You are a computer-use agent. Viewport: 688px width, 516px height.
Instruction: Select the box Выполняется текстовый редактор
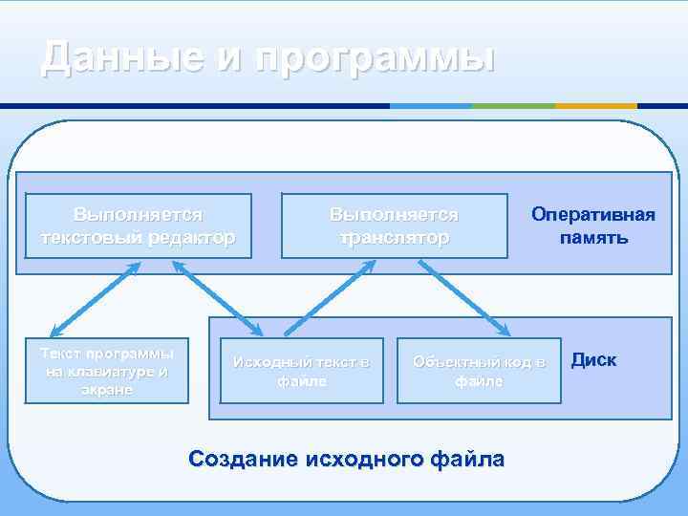click(140, 226)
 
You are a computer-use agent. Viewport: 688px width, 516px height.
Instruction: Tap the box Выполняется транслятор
click(394, 226)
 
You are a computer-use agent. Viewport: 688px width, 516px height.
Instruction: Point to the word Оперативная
click(593, 213)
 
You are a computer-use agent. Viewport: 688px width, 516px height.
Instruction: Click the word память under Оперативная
click(593, 236)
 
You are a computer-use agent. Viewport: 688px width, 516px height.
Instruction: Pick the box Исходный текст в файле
click(302, 371)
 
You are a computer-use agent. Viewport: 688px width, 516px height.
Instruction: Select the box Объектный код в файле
click(479, 371)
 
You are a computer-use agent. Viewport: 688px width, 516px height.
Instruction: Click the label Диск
click(593, 360)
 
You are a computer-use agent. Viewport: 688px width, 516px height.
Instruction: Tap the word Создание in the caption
click(244, 459)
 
